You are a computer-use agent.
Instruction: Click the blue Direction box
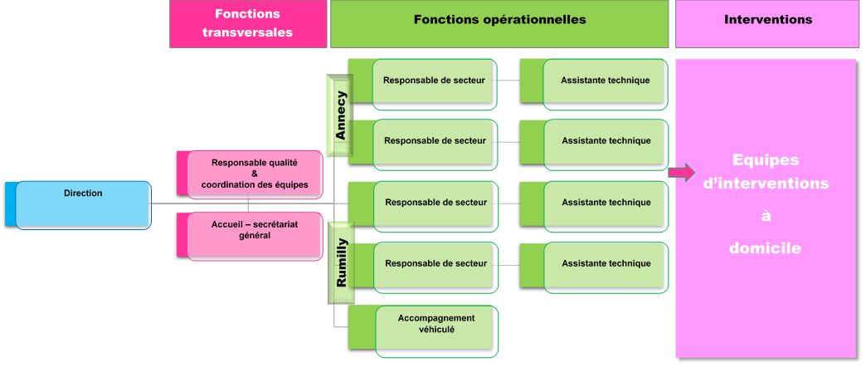pos(83,204)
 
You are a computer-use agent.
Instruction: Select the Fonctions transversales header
pos(247,24)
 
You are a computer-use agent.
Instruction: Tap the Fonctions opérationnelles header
pos(499,20)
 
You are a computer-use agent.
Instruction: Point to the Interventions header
pos(767,20)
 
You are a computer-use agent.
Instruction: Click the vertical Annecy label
pos(340,115)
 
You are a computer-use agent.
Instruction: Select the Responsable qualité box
pos(254,174)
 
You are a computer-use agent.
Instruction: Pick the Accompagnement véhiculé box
pos(436,330)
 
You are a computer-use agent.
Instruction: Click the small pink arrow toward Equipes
pos(682,172)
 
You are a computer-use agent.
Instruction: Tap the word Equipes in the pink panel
pos(766,160)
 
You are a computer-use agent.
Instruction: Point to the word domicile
pos(766,247)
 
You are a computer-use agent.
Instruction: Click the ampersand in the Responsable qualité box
pos(255,174)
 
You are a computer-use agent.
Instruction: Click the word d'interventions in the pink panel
pos(766,184)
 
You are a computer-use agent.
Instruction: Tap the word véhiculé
pos(436,330)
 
